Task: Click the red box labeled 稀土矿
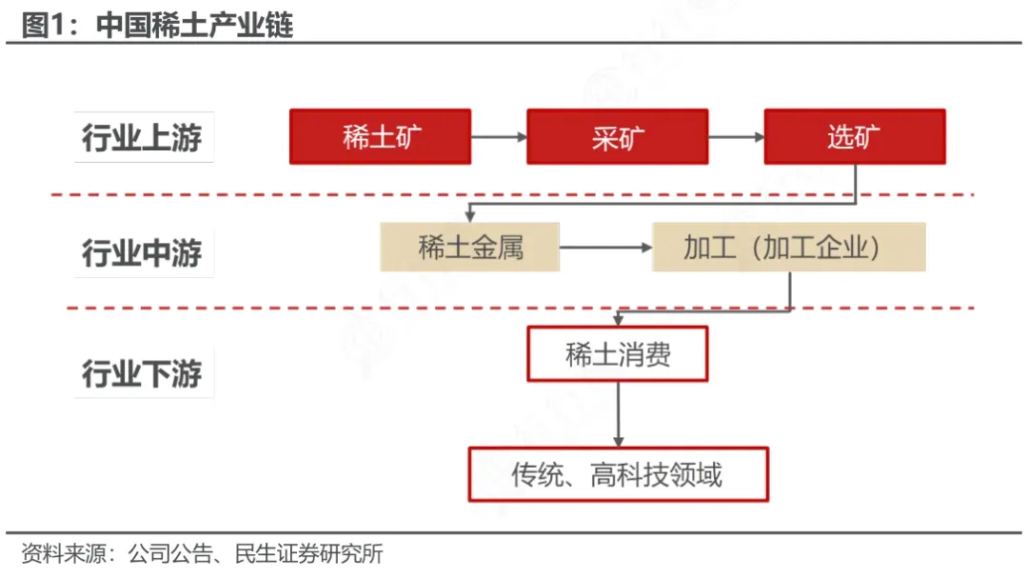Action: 380,136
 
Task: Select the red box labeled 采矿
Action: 617,136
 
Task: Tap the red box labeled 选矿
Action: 854,136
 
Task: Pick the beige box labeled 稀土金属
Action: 469,248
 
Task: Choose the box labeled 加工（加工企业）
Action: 788,248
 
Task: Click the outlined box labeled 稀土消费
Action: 618,354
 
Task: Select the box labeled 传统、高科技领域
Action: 618,473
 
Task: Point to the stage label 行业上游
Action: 142,138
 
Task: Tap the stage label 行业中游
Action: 142,253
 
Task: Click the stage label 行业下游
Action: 142,373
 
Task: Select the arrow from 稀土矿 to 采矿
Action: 499,136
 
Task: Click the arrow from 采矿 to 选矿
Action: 736,136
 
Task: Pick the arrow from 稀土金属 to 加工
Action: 605,248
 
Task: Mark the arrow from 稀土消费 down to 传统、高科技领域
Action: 618,414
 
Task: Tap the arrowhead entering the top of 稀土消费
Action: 618,320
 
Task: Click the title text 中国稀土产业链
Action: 195,25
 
